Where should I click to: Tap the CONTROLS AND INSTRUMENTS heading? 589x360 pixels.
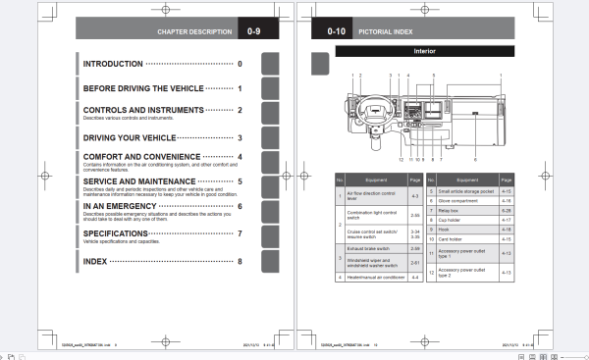click(143, 110)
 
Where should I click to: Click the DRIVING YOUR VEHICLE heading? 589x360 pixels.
click(130, 138)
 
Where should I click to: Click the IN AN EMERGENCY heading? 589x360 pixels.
click(123, 206)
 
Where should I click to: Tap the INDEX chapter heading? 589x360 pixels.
click(96, 262)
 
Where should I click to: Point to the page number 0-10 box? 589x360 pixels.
click(332, 31)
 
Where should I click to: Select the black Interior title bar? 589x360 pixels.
click(424, 50)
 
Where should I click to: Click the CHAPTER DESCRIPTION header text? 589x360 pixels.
click(192, 31)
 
